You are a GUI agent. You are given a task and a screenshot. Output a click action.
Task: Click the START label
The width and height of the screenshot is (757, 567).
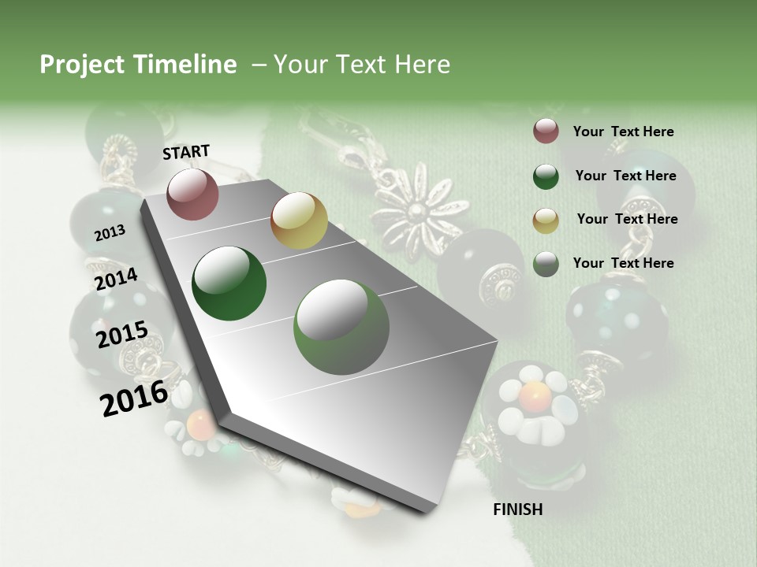pyautogui.click(x=186, y=152)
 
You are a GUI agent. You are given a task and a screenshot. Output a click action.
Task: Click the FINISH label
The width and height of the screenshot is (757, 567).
pyautogui.click(x=517, y=510)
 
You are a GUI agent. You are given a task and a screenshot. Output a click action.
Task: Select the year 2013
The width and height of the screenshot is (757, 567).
pyautogui.click(x=110, y=232)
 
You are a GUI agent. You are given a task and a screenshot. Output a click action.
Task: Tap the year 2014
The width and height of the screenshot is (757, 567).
pyautogui.click(x=116, y=279)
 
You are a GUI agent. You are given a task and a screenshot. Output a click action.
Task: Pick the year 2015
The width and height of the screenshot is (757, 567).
pyautogui.click(x=121, y=335)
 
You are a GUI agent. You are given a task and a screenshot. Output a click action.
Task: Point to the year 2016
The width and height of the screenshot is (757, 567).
pyautogui.click(x=134, y=398)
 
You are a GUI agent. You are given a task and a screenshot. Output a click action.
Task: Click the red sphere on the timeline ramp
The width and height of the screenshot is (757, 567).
pyautogui.click(x=192, y=194)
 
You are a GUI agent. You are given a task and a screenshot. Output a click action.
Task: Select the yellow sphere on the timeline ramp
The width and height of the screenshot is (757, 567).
pyautogui.click(x=299, y=220)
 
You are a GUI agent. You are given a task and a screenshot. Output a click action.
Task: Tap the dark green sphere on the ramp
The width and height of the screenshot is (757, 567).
pyautogui.click(x=229, y=283)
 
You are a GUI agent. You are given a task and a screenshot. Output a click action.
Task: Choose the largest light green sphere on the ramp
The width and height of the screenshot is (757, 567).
pyautogui.click(x=341, y=328)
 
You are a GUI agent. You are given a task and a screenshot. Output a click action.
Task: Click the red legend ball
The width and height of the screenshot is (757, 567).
pyautogui.click(x=546, y=132)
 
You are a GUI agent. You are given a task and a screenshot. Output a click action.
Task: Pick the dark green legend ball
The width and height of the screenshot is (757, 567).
pyautogui.click(x=546, y=176)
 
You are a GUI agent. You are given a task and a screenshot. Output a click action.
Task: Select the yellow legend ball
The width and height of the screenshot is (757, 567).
pyautogui.click(x=546, y=220)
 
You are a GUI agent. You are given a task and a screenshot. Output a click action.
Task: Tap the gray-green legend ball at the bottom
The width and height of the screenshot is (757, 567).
pyautogui.click(x=546, y=264)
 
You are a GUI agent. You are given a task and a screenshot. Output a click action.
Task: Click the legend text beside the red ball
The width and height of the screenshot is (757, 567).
pyautogui.click(x=623, y=132)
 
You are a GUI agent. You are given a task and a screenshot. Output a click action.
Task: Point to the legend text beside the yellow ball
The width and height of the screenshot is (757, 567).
pyautogui.click(x=627, y=219)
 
